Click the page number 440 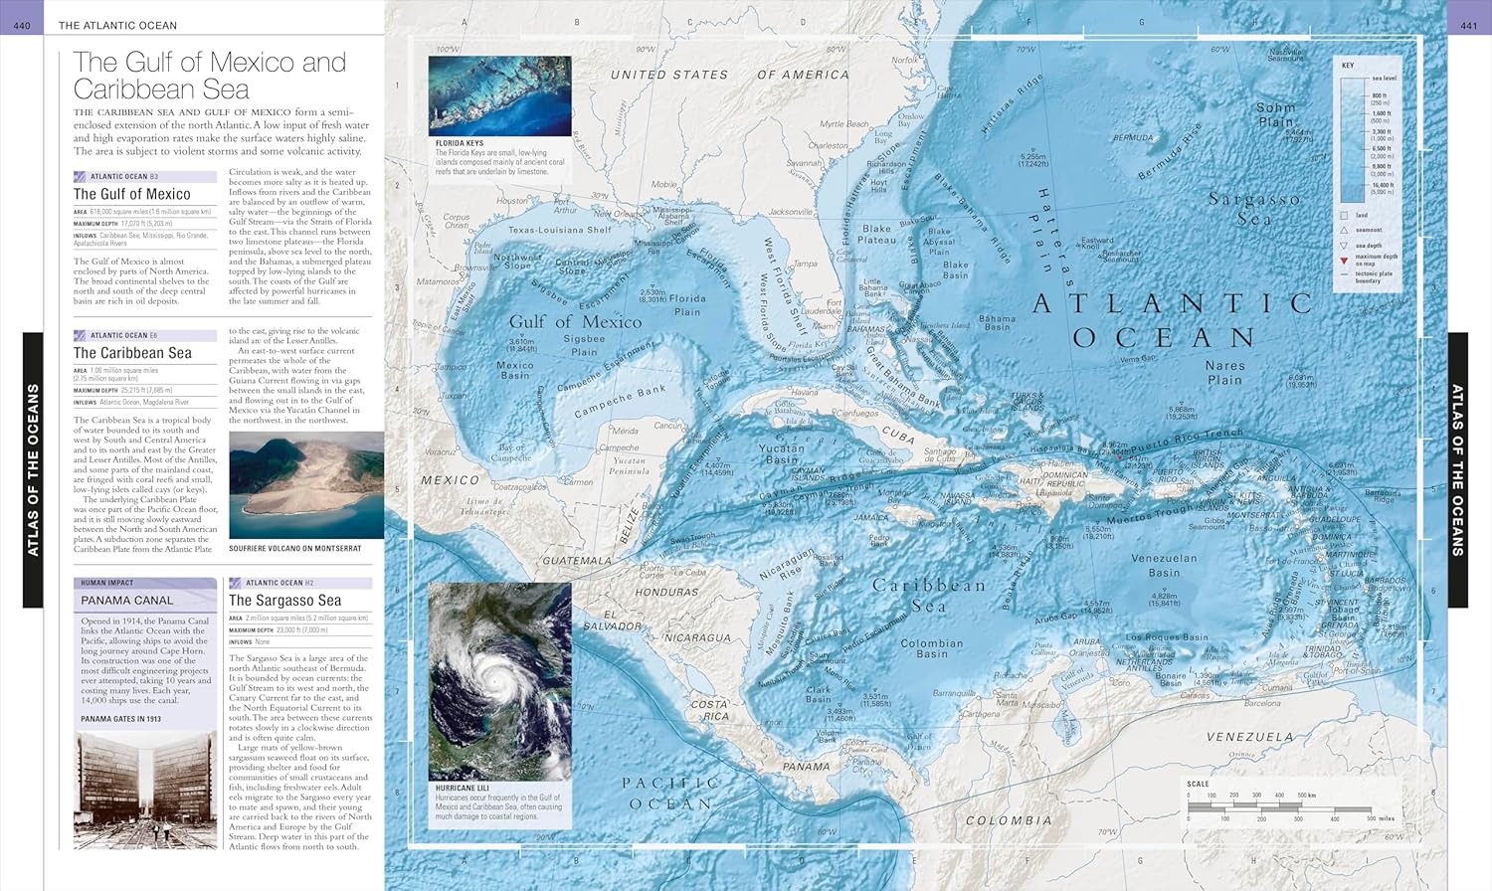[22, 25]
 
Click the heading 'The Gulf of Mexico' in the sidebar [131, 194]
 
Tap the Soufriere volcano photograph [305, 485]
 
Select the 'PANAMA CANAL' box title [126, 601]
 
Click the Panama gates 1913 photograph [144, 790]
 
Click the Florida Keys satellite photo [499, 95]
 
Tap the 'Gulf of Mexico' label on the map [575, 322]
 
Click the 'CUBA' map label [897, 436]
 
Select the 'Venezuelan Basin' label [1164, 565]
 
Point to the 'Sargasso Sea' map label [1253, 208]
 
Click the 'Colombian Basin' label [931, 648]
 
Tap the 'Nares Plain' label [1224, 372]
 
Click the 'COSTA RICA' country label [709, 709]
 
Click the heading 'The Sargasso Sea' [284, 601]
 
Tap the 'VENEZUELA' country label [1249, 737]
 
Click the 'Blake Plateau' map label [876, 234]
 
